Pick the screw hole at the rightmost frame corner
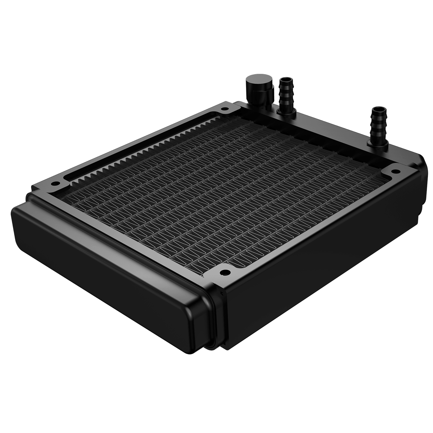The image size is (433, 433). coord(394,171)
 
